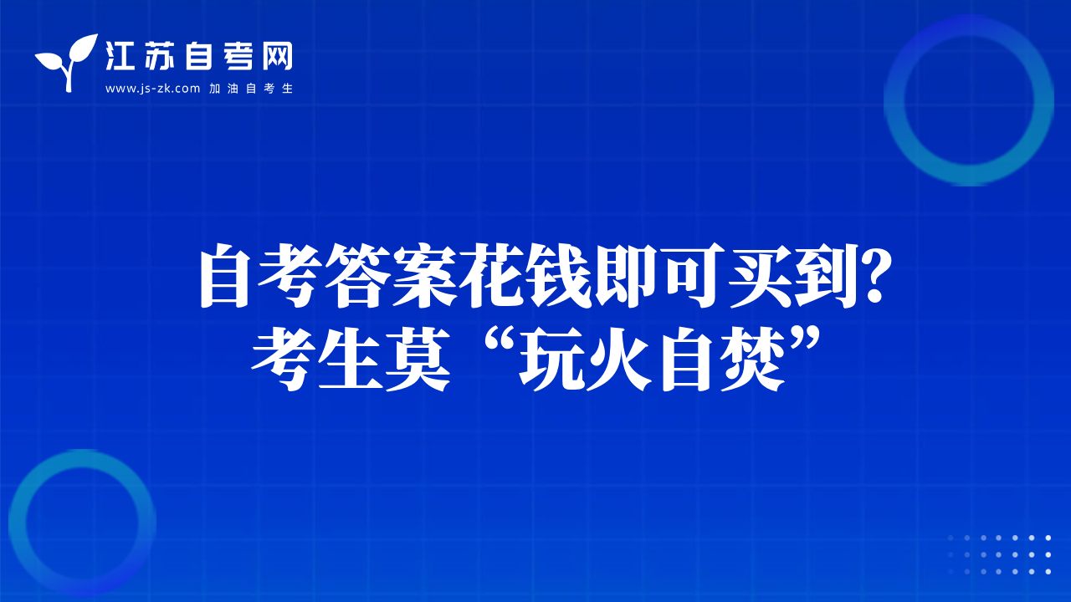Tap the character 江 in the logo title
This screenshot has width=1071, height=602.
pos(120,56)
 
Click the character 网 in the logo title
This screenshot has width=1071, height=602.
pos(277,56)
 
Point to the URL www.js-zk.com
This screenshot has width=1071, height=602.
pos(152,89)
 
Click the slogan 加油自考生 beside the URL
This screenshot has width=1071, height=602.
pos(251,89)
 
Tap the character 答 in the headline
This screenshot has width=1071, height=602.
pos(357,276)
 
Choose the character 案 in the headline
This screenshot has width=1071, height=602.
pos(424,276)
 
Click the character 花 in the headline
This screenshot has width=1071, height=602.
pos(492,276)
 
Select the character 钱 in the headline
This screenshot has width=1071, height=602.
pos(560,276)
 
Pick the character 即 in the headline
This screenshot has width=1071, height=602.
pos(627,276)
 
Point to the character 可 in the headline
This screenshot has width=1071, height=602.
pos(694,276)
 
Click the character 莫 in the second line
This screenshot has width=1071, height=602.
pos(418,359)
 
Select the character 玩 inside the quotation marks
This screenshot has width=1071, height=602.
pos(552,359)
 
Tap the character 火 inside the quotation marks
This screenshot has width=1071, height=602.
pos(620,359)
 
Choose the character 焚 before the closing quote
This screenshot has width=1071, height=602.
pos(754,359)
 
